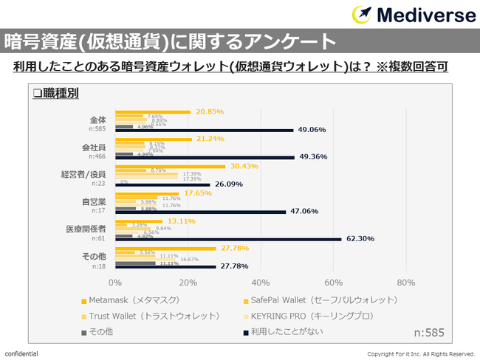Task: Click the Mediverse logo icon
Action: (363, 15)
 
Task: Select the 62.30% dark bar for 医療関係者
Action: (228, 239)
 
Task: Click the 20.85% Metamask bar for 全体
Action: (152, 112)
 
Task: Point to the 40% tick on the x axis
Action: (261, 282)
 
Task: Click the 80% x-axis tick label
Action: (406, 282)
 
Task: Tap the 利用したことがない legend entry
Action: (289, 332)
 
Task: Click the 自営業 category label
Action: (95, 201)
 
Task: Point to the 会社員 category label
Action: (95, 148)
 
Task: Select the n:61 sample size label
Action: (97, 239)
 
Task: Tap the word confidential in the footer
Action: (21, 354)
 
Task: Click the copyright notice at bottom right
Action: (421, 354)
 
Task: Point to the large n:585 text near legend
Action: (428, 333)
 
